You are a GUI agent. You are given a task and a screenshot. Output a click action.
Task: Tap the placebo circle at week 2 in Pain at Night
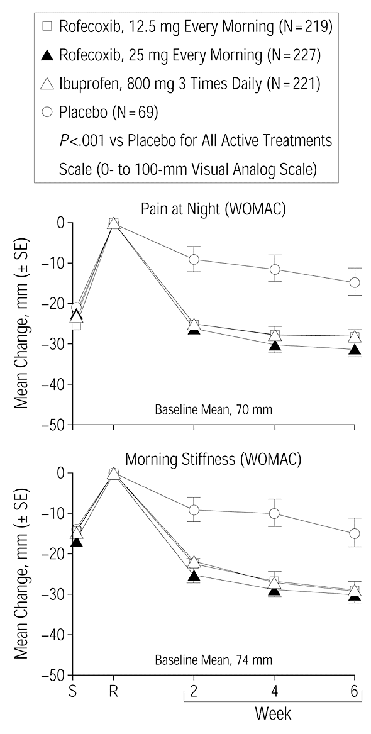[194, 259]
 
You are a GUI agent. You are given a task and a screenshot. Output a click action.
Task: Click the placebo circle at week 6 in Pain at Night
[355, 282]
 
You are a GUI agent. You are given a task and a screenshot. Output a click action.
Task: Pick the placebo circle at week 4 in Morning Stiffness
[274, 513]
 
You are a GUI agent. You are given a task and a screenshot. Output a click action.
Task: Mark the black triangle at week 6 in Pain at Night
[355, 349]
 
